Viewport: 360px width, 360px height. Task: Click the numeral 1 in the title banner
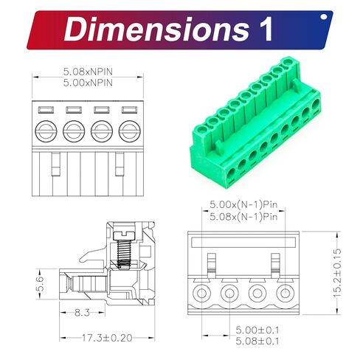click(x=263, y=30)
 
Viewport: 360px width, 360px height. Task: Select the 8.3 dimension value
click(x=83, y=313)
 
